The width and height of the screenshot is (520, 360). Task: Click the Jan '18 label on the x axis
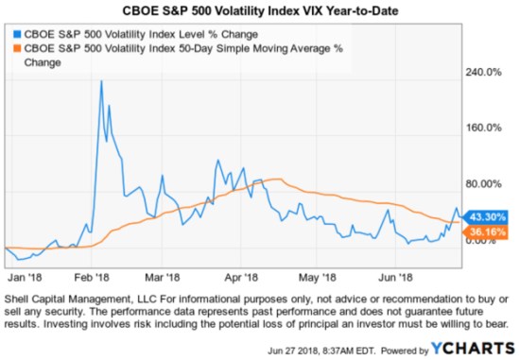pyautogui.click(x=24, y=278)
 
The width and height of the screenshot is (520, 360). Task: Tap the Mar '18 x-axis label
pyautogui.click(x=161, y=278)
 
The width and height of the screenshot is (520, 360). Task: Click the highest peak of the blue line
pyautogui.click(x=101, y=81)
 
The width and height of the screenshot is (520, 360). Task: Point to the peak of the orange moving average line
pyautogui.click(x=275, y=179)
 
